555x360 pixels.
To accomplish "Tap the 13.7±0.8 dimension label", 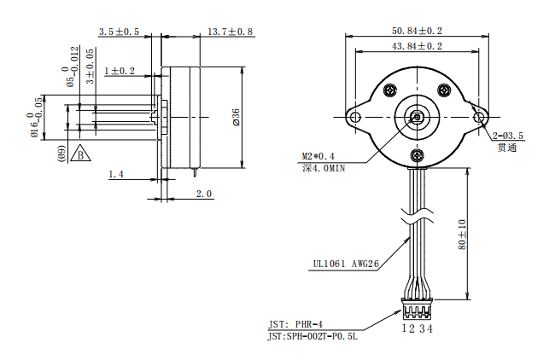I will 231,32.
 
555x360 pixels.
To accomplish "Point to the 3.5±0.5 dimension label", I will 119,32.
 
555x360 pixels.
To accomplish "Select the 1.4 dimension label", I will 117,174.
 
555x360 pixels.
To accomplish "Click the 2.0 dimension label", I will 204,194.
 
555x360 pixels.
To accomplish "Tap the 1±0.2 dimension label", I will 120,71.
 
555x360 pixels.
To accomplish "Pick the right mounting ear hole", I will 479,117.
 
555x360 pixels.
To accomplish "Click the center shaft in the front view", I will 418,117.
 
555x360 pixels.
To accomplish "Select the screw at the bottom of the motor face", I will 418,155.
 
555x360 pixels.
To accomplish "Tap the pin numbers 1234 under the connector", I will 418,328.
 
